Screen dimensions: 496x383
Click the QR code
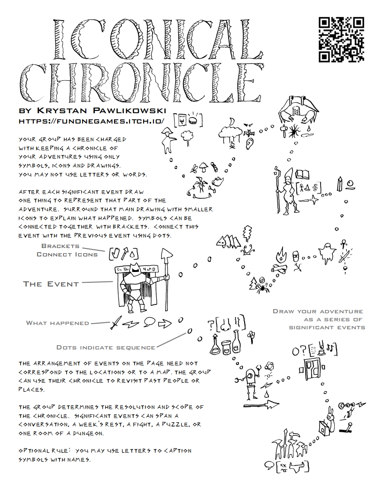[341, 39]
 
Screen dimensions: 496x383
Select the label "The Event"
[51, 284]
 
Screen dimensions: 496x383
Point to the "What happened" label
[57, 323]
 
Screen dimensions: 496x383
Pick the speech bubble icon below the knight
[148, 322]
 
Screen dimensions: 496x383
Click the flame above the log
[280, 256]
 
